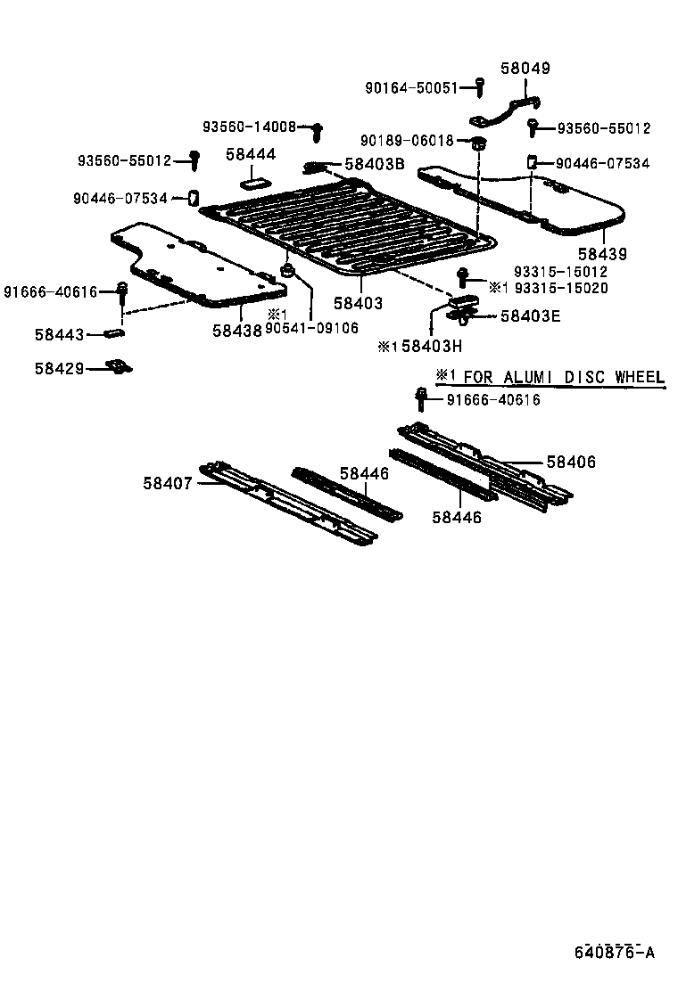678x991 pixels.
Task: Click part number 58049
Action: pyautogui.click(x=525, y=68)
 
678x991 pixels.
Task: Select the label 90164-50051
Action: pyautogui.click(x=410, y=88)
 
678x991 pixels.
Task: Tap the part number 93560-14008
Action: pyautogui.click(x=248, y=127)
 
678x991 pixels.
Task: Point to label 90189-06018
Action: pyautogui.click(x=407, y=141)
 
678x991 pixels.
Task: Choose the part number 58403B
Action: pyautogui.click(x=375, y=164)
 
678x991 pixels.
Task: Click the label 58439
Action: pyautogui.click(x=602, y=254)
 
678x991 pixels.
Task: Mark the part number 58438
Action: pyautogui.click(x=237, y=329)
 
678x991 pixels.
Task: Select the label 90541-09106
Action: pyautogui.click(x=312, y=327)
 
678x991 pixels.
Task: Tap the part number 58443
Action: pyautogui.click(x=59, y=335)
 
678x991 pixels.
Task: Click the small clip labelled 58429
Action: pyautogui.click(x=114, y=365)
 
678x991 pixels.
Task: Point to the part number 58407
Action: pyautogui.click(x=167, y=483)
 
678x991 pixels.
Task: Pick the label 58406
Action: pyautogui.click(x=571, y=462)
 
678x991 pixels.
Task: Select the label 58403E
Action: pyautogui.click(x=530, y=315)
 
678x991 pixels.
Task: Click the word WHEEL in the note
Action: pyautogui.click(x=633, y=377)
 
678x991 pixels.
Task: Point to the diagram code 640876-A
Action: pyautogui.click(x=614, y=953)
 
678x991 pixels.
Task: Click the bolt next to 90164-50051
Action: pyautogui.click(x=479, y=86)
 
